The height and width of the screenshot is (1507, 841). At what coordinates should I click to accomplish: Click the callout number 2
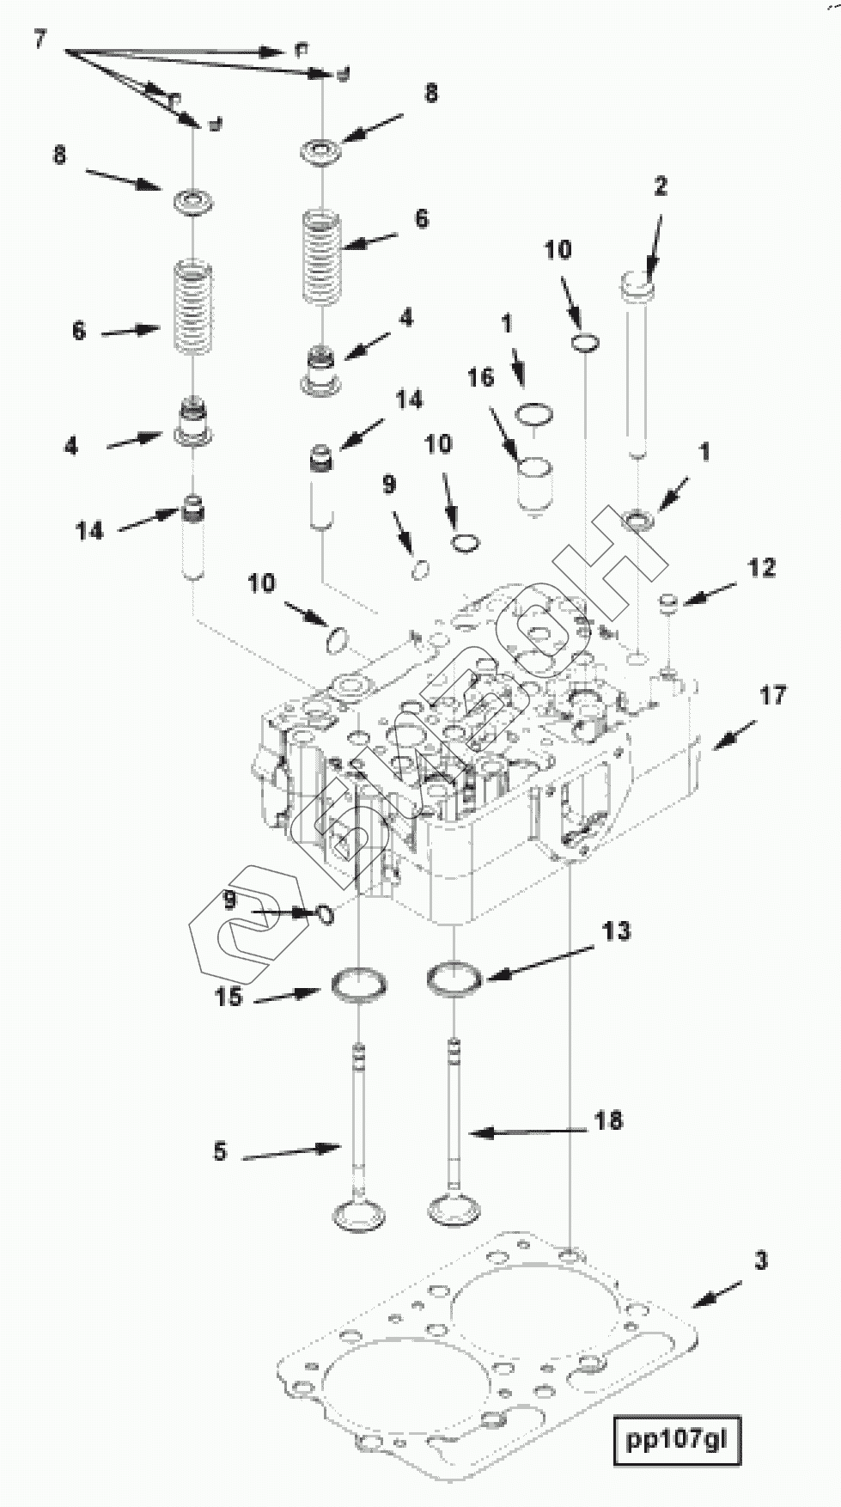click(x=660, y=186)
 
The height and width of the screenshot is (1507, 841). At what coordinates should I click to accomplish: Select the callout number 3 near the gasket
click(x=761, y=1261)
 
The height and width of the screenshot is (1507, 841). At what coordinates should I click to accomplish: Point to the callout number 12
click(x=761, y=568)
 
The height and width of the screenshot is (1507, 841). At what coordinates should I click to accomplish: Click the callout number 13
click(x=616, y=930)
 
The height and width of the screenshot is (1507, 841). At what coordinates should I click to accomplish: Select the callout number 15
click(x=229, y=998)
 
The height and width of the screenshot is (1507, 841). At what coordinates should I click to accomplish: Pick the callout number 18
click(x=608, y=1120)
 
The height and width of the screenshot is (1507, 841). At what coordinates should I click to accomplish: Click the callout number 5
click(x=220, y=1152)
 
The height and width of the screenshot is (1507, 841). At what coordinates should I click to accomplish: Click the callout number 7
click(x=40, y=39)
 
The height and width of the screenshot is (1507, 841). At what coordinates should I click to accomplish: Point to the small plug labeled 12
click(x=669, y=602)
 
